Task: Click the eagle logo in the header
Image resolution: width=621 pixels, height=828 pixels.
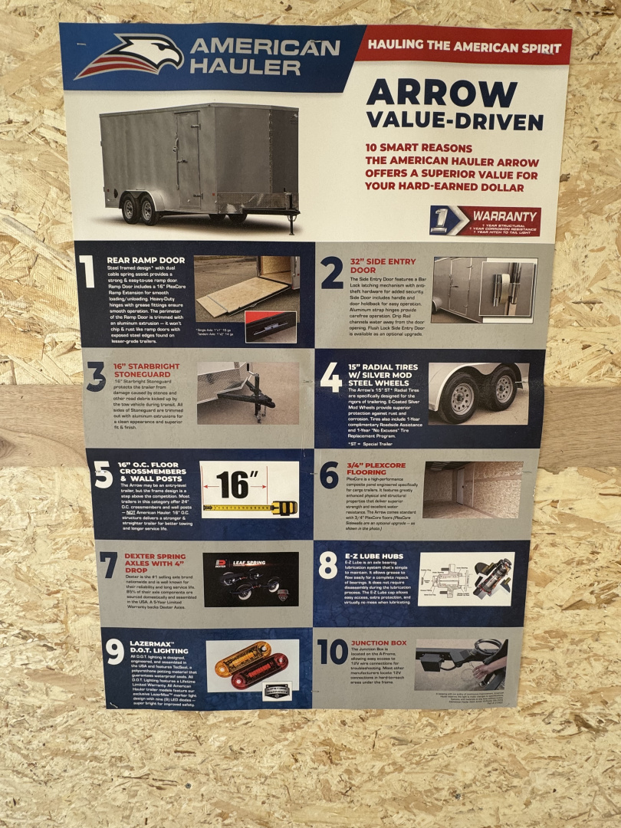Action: (x=131, y=58)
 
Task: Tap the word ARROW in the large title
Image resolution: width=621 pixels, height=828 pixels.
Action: (x=441, y=94)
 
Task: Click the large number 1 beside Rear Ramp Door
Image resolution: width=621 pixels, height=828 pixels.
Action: (x=87, y=272)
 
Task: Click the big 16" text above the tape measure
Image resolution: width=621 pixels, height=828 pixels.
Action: (x=237, y=485)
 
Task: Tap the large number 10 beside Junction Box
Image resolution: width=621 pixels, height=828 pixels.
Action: (x=332, y=652)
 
